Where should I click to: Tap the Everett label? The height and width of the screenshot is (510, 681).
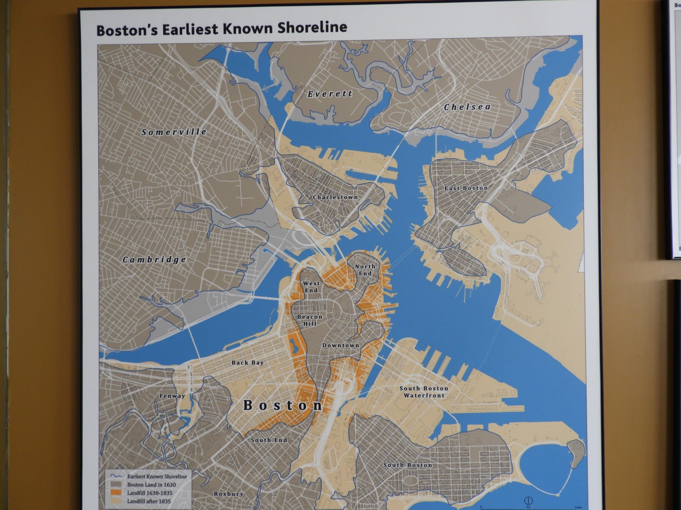tap(330, 94)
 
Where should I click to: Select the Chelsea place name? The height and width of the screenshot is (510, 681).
tap(467, 107)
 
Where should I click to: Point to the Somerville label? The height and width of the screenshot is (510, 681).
tap(174, 132)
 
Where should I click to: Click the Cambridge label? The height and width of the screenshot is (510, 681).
tap(154, 260)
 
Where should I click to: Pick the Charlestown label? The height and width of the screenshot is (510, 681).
tap(335, 197)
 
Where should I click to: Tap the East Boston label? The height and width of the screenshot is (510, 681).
tap(466, 188)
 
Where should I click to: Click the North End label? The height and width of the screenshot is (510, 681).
tap(365, 270)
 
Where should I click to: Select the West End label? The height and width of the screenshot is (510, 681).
tap(311, 287)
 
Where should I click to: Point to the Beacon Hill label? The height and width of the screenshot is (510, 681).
tap(310, 320)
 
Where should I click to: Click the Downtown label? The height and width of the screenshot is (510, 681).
tap(340, 345)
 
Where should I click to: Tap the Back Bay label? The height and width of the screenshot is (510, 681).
tap(247, 363)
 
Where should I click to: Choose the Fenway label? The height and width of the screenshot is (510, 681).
tap(172, 396)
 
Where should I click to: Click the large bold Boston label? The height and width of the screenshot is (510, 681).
tap(283, 405)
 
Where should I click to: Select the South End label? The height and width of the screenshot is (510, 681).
tap(269, 440)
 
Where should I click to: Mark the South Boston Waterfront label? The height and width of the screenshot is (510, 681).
tap(424, 391)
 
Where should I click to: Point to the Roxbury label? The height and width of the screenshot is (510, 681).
tap(228, 494)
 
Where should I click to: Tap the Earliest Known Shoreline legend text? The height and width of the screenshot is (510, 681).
tap(157, 476)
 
